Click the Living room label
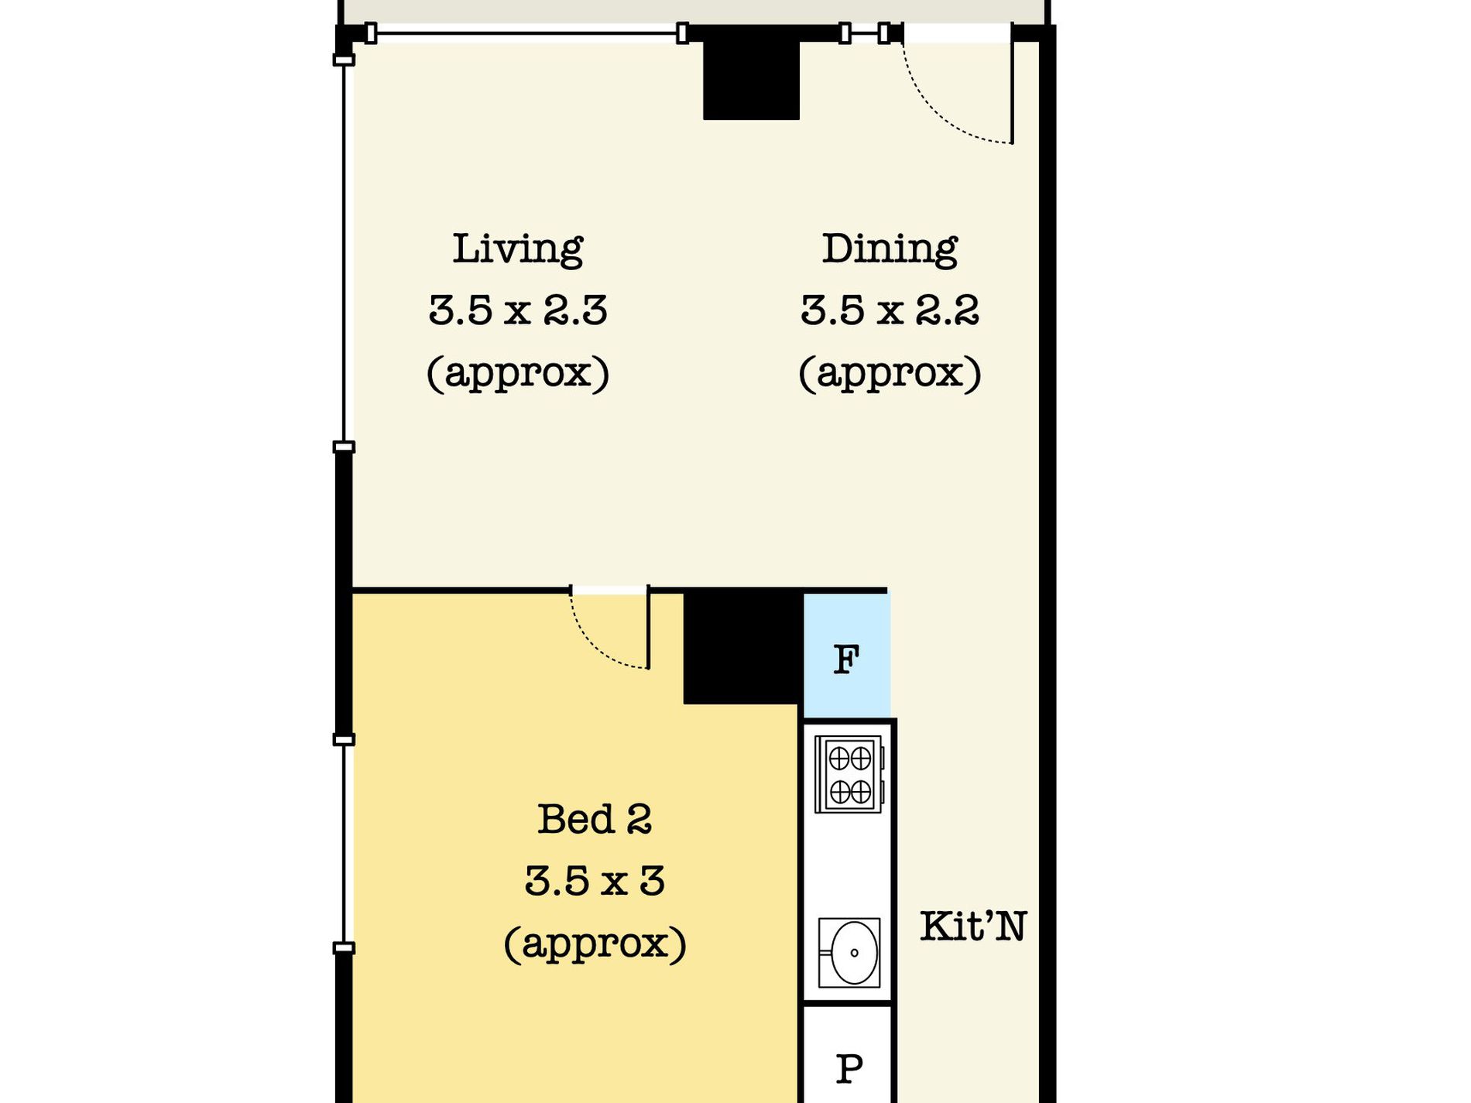(x=517, y=249)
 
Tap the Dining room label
(x=889, y=249)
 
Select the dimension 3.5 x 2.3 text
(x=517, y=310)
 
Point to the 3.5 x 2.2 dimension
(x=889, y=310)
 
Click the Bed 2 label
(x=594, y=819)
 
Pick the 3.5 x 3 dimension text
(x=594, y=881)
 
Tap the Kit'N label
(x=972, y=926)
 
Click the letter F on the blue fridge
(x=845, y=659)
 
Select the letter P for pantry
(x=849, y=1069)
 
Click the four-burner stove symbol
(x=849, y=774)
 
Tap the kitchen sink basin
(x=850, y=953)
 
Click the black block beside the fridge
(x=741, y=646)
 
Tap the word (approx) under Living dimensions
(x=517, y=373)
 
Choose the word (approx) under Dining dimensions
(x=889, y=373)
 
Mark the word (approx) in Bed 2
(x=594, y=943)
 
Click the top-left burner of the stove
(x=838, y=759)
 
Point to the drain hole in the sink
(x=855, y=953)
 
